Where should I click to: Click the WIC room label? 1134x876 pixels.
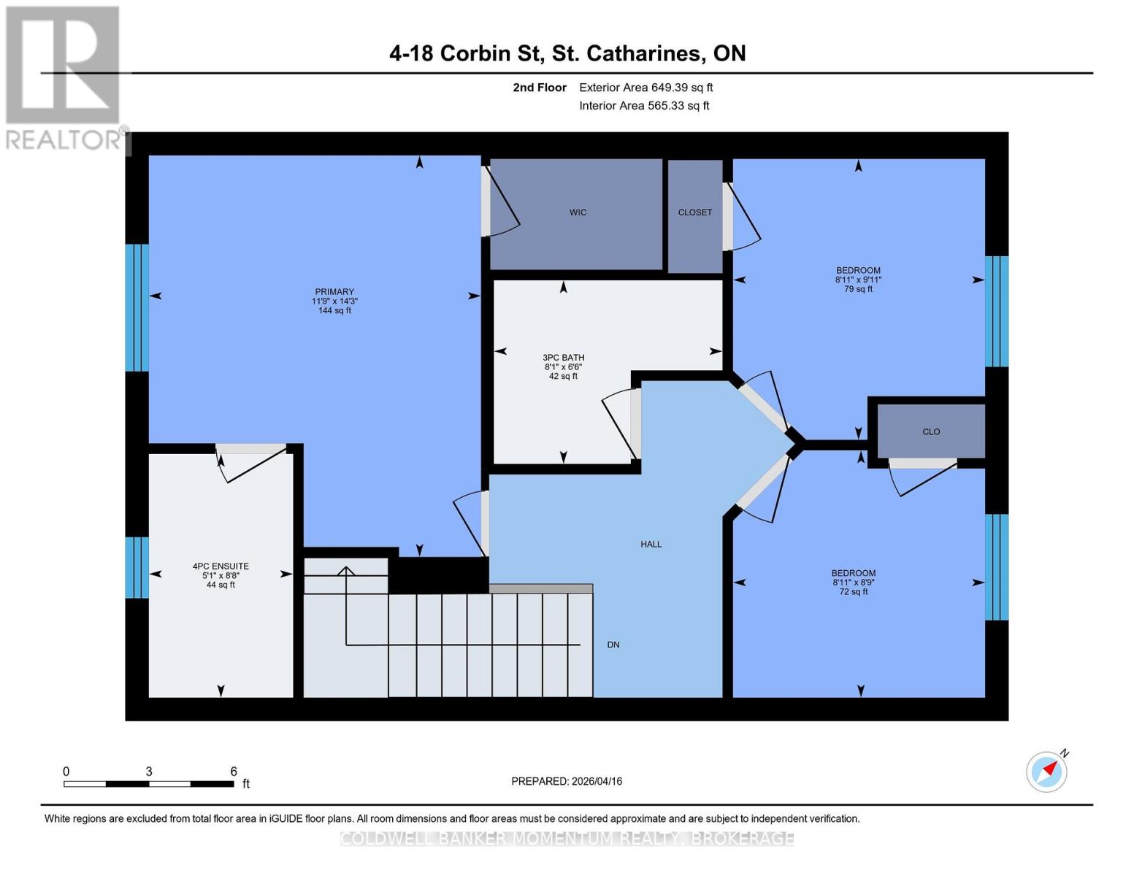coord(578,212)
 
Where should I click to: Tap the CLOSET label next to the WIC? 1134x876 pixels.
coord(694,212)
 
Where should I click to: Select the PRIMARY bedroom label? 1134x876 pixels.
coord(334,292)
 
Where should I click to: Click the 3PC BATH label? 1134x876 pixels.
coord(563,358)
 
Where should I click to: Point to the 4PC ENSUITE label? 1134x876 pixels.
coord(221,566)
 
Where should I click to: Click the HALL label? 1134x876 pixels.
coord(651,544)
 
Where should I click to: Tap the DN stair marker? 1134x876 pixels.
coord(613,645)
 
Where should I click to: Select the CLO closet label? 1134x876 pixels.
coord(930,431)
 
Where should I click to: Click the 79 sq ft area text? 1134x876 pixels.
coord(858,289)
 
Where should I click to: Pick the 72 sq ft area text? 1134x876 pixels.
coord(853,592)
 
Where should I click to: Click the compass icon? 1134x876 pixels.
coord(1046,772)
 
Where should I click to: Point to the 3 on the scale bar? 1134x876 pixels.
coord(149,772)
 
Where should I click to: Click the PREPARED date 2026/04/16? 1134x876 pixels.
coord(567,781)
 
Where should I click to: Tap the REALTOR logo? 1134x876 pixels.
coord(64,77)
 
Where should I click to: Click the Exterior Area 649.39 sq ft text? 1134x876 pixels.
coord(645,88)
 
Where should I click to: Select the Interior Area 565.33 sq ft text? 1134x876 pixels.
coord(644,106)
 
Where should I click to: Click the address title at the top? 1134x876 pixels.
coord(567,53)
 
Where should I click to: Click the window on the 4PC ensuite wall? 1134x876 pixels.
coord(137,567)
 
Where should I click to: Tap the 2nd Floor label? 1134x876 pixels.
coord(539,88)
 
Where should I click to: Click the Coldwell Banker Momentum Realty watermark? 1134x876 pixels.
coord(567,839)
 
